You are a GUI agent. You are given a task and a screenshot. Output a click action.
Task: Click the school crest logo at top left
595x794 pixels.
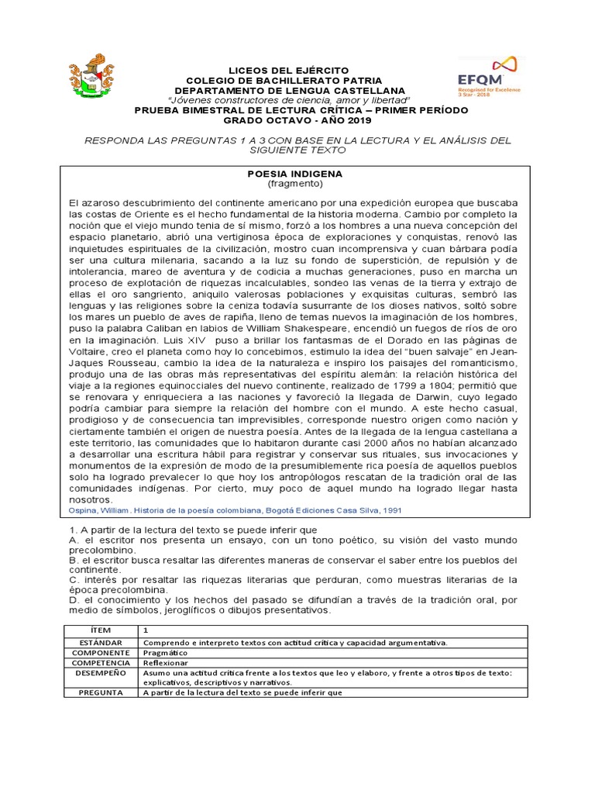point(94,77)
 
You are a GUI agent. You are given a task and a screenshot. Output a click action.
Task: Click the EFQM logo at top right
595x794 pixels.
point(490,73)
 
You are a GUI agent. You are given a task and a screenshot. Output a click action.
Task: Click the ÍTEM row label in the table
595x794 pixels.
point(101,630)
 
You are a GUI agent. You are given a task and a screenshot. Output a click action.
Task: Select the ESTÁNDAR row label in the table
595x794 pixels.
point(101,643)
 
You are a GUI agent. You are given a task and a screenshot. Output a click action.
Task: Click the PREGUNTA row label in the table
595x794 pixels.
point(101,693)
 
